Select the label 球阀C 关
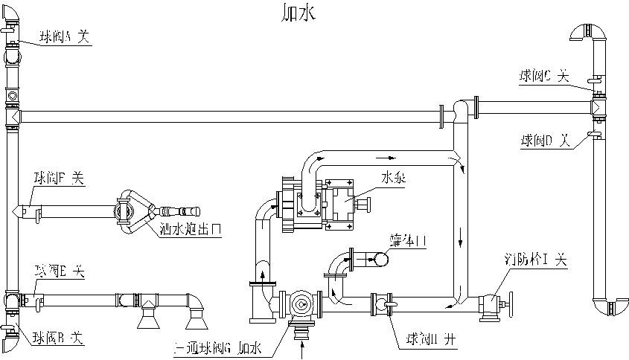pyautogui.click(x=543, y=75)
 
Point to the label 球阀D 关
pyautogui.click(x=544, y=139)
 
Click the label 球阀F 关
pyautogui.click(x=60, y=177)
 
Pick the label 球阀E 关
pyautogui.click(x=59, y=272)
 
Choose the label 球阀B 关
pyautogui.click(x=57, y=338)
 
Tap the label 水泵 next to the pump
pyautogui.click(x=393, y=179)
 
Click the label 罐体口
pyautogui.click(x=407, y=241)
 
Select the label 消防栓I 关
pyautogui.click(x=535, y=260)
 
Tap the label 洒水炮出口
pyautogui.click(x=191, y=228)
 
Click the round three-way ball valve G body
pyautogui.click(x=300, y=304)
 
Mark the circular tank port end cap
pyautogui.click(x=380, y=259)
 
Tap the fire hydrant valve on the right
pyautogui.click(x=492, y=305)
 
